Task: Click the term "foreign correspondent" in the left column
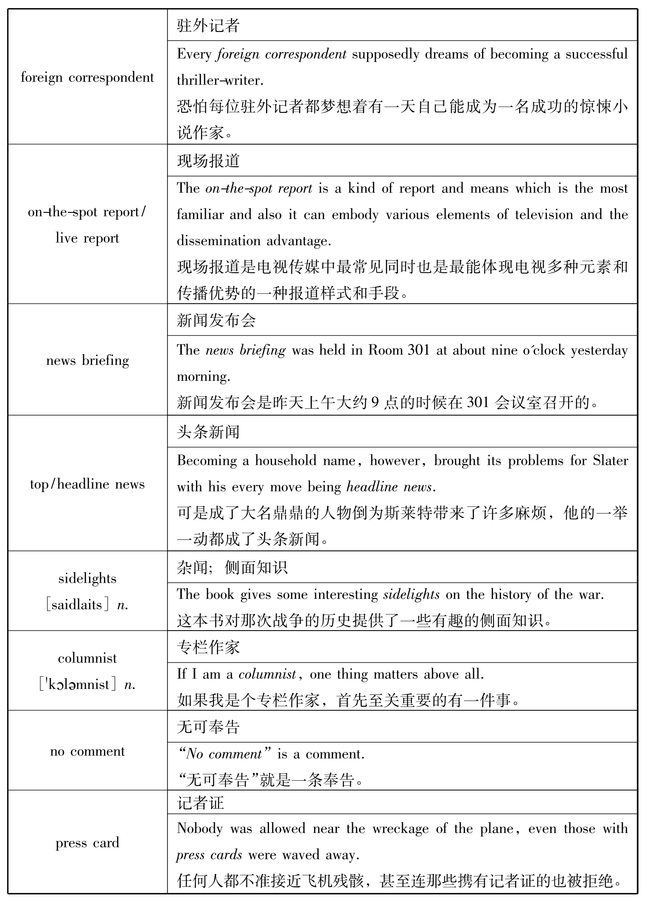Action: (x=87, y=78)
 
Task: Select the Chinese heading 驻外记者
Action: (x=208, y=25)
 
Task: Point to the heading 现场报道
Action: (x=208, y=161)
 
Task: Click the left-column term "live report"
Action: (x=87, y=238)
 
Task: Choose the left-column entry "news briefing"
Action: (x=87, y=360)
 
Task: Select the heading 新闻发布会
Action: (x=216, y=320)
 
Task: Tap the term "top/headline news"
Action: (x=87, y=484)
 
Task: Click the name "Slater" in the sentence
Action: (x=611, y=461)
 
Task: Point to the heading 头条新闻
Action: (x=208, y=432)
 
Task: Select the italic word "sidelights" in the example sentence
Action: (x=411, y=595)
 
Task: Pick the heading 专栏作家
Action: (x=208, y=647)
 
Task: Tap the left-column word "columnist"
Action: (x=87, y=658)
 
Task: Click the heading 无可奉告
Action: (x=208, y=727)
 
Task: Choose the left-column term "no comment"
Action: (x=87, y=751)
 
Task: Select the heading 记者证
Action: (x=201, y=803)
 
